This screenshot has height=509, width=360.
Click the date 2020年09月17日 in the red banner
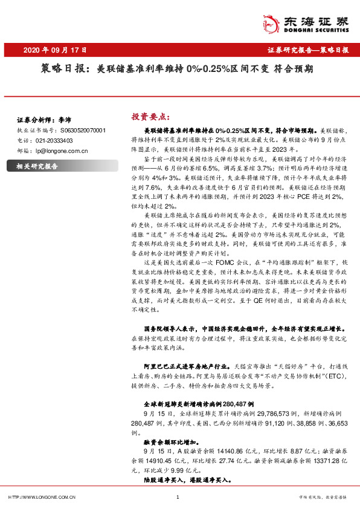(x=58, y=50)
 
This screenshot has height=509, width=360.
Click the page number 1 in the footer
(x=178, y=497)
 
